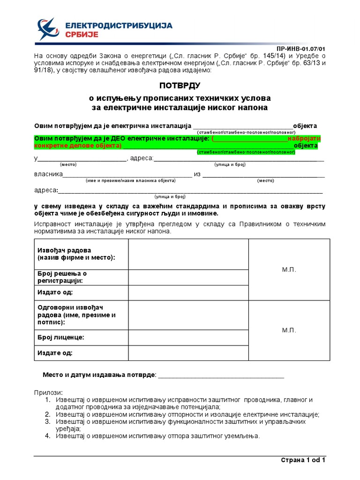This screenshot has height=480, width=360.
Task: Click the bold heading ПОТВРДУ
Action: click(x=180, y=85)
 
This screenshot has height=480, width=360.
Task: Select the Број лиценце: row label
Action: click(x=61, y=337)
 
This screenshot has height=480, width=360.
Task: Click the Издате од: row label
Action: click(x=55, y=352)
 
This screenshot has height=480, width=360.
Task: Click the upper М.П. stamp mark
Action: click(x=289, y=270)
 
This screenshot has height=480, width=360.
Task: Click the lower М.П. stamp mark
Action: click(x=289, y=330)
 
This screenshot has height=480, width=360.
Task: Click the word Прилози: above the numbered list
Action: click(x=48, y=392)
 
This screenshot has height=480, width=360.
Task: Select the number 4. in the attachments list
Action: click(x=47, y=436)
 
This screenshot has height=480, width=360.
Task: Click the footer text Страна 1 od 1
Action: click(x=303, y=460)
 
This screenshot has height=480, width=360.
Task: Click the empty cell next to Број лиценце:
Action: click(x=188, y=337)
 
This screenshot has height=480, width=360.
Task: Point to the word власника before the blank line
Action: click(x=48, y=174)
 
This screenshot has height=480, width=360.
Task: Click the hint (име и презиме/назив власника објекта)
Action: click(x=130, y=180)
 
